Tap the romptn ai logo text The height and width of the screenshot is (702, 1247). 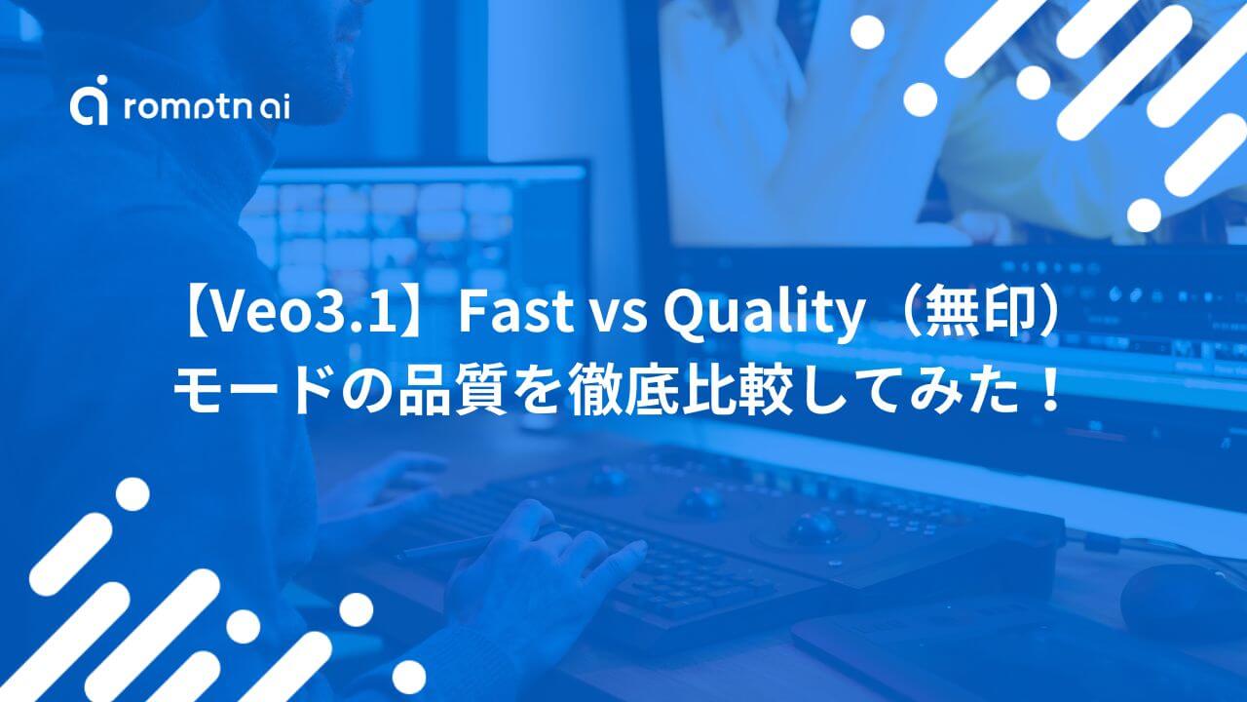click(x=206, y=107)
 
